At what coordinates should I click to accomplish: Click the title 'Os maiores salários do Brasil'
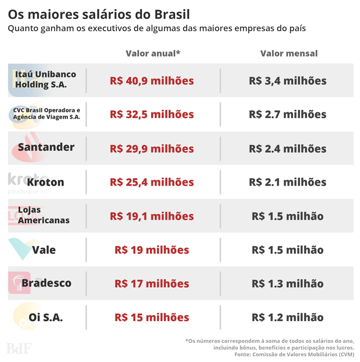(99, 14)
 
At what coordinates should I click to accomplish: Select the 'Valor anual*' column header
(153, 54)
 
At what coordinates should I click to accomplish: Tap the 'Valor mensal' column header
(289, 54)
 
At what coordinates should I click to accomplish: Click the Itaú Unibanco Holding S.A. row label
(46, 80)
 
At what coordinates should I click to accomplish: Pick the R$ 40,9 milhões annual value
(152, 81)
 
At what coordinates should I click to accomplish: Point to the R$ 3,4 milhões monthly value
(287, 81)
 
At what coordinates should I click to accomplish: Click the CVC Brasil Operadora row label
(47, 113)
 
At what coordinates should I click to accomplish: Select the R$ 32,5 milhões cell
(152, 114)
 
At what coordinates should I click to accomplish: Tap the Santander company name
(46, 147)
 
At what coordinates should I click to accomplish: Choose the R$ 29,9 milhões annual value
(152, 149)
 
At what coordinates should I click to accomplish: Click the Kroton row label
(46, 182)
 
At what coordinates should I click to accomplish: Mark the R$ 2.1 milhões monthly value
(287, 182)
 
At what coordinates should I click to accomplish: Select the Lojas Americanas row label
(43, 215)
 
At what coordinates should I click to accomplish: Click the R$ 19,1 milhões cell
(152, 216)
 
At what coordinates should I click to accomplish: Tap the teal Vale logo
(21, 247)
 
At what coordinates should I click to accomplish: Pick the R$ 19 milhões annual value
(152, 250)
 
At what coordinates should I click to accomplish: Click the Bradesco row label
(47, 283)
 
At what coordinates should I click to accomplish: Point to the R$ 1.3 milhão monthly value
(287, 284)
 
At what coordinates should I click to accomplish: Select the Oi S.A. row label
(46, 317)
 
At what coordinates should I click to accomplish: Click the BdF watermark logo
(19, 349)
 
